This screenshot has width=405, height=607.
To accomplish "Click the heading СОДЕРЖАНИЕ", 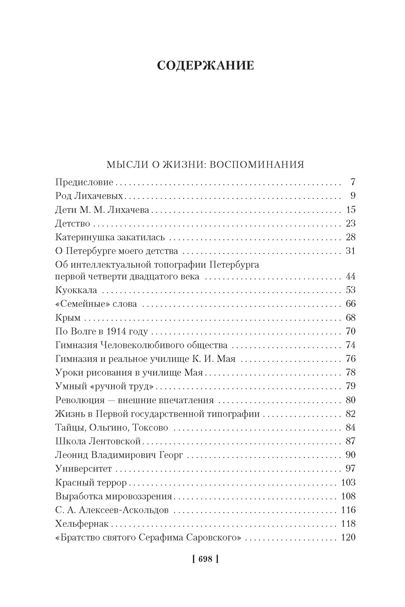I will [x=205, y=66].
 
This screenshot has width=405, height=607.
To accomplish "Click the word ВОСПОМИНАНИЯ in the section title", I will [x=257, y=164].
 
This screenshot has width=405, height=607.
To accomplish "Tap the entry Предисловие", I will [x=84, y=182].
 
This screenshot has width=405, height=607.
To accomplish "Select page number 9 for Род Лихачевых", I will [x=353, y=196].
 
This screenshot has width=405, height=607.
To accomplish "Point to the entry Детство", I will [x=73, y=223].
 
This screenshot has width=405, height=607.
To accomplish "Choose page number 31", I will [x=351, y=251].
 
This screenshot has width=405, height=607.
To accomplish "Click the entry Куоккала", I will [x=76, y=290].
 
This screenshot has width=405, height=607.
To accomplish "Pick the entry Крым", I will [x=68, y=317].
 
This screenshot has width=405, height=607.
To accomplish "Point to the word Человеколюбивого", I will [x=145, y=345].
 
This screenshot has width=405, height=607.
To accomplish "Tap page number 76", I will [x=351, y=359].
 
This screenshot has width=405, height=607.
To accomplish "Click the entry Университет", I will [x=83, y=469].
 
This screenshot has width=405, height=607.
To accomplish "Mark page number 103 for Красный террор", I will [x=348, y=482].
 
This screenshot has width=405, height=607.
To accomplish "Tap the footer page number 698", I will [x=205, y=559].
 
